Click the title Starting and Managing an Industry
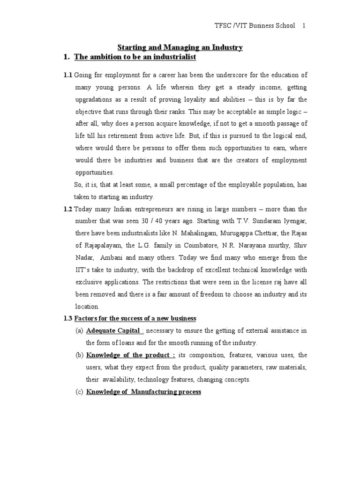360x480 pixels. tap(180, 47)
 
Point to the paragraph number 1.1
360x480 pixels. tap(68, 75)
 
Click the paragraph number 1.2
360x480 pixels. tap(68, 209)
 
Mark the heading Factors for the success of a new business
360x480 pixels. tap(135, 319)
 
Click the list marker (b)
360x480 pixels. tap(79, 355)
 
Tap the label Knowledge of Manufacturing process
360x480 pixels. tap(143, 392)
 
